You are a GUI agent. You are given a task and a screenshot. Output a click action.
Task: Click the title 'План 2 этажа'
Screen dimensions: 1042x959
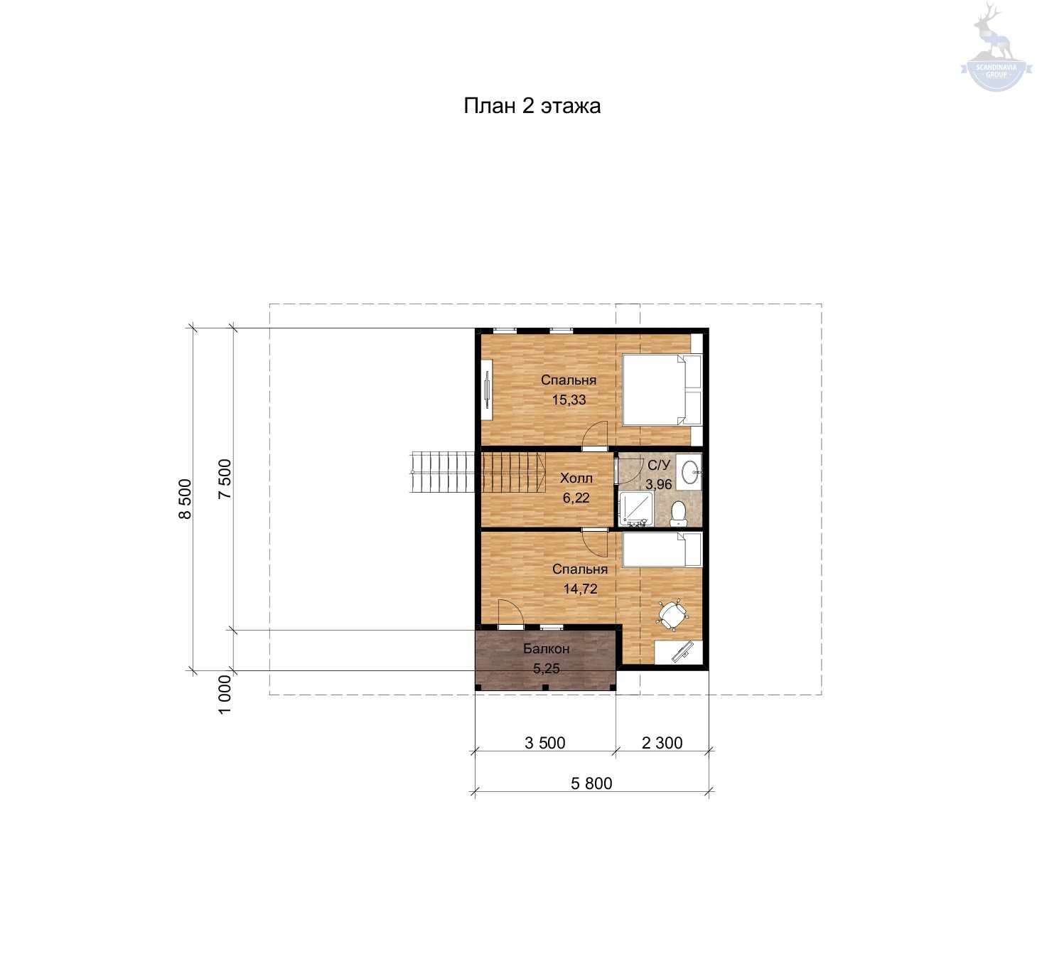click(532, 106)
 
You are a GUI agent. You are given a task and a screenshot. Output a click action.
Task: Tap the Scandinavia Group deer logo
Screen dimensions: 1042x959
click(996, 48)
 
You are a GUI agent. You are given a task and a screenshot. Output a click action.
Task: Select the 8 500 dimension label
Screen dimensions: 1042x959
click(185, 499)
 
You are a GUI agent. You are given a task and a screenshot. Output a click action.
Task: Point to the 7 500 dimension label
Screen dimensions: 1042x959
click(225, 478)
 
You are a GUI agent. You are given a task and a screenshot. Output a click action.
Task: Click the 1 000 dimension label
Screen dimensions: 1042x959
click(225, 695)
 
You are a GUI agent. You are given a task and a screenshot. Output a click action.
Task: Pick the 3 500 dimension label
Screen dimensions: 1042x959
click(545, 743)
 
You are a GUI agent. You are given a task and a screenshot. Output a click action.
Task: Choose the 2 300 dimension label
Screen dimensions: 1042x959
click(662, 743)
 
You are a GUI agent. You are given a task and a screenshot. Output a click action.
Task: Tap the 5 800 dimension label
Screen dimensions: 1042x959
click(591, 783)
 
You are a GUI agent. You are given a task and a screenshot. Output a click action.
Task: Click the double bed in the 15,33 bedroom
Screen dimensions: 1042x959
click(662, 390)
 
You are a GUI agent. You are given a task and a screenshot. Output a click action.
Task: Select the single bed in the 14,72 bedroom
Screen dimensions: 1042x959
click(662, 550)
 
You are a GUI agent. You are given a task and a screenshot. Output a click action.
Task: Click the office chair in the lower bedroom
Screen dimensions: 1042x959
click(672, 615)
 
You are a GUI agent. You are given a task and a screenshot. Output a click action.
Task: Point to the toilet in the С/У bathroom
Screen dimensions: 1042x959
click(678, 513)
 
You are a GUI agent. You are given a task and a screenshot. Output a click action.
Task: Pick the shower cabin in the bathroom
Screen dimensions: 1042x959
click(636, 508)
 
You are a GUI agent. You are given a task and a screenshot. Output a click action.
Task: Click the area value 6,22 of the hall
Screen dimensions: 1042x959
click(576, 498)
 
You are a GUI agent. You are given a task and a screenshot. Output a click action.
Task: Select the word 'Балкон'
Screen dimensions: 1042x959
click(547, 648)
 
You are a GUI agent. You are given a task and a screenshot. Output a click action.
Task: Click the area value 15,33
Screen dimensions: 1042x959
click(569, 400)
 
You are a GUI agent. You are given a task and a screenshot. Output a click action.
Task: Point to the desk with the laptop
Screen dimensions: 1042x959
click(678, 653)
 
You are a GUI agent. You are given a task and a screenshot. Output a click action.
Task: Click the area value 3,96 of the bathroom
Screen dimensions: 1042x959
click(659, 484)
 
